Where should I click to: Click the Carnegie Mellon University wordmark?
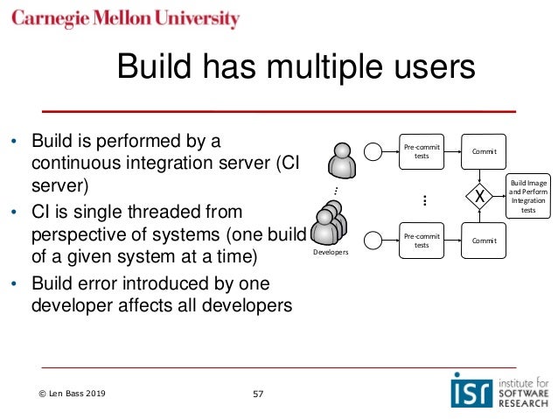coord(126,18)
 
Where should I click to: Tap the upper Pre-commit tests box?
coord(421,152)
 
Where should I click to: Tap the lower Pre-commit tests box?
coord(421,240)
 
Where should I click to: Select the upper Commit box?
coord(484,152)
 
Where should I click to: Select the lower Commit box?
coord(484,240)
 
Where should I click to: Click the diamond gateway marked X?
coord(480,197)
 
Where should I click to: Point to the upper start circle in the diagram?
coord(373,152)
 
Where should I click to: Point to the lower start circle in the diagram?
coord(373,240)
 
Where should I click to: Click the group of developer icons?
coord(331,224)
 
